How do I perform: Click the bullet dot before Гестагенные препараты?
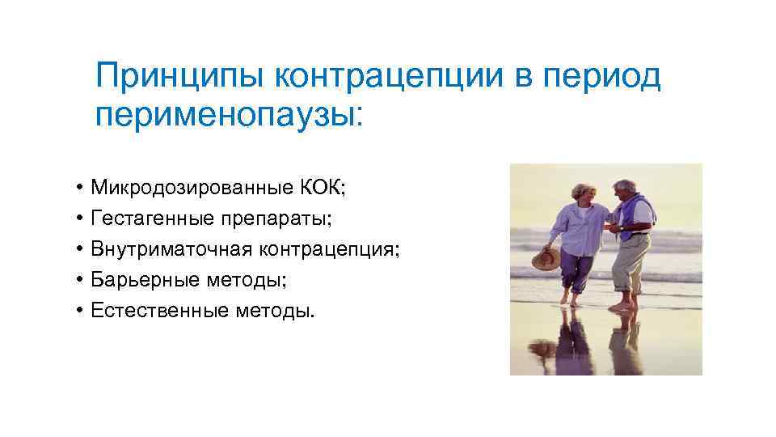[82, 218]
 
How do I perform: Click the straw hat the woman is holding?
[546, 258]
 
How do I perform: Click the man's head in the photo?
[626, 190]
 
